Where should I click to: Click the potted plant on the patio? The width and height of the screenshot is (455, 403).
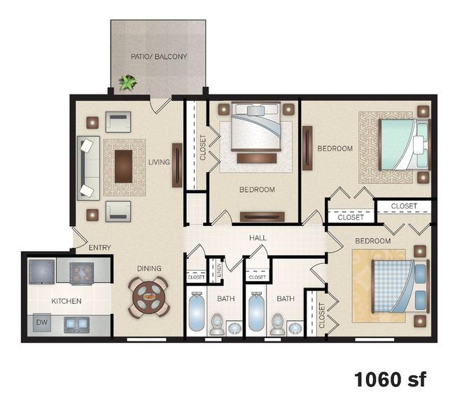pos(128,82)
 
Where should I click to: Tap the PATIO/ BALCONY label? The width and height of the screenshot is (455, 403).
pos(159,57)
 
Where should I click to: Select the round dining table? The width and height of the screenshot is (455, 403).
pos(148,297)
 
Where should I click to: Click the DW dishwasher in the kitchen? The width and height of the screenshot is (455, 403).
pos(42,323)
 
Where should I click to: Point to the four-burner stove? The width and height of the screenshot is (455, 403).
pos(81,274)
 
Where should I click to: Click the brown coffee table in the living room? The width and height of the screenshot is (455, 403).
pos(124,167)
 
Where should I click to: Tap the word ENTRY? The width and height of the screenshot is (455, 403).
pos(100,248)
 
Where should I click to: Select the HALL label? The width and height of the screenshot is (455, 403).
pos(258,238)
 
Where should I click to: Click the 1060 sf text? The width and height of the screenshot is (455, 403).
pos(391,379)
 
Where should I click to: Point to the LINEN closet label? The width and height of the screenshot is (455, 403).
pos(219,270)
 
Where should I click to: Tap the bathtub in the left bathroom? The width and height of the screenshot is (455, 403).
pos(197,311)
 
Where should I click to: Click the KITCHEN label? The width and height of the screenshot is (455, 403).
pos(66,301)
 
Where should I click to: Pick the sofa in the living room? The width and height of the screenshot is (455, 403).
pos(88,169)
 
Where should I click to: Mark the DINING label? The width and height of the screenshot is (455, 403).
pos(149,269)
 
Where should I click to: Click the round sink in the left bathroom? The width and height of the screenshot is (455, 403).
pos(234,328)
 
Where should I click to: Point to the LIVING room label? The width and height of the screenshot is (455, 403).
pos(159,162)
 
